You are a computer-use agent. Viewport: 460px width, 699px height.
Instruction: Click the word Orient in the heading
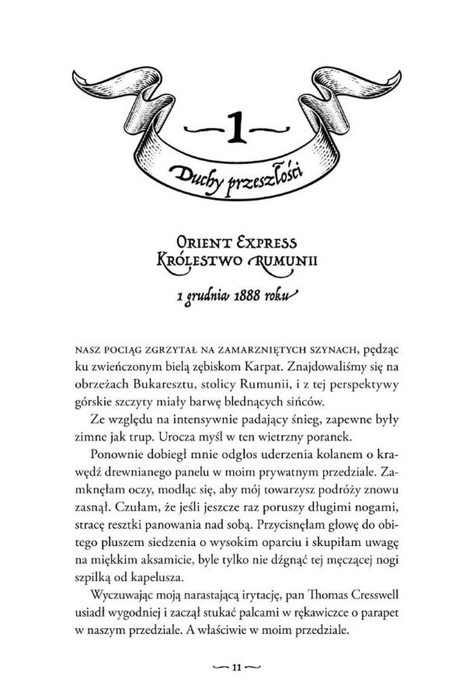point(192,243)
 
